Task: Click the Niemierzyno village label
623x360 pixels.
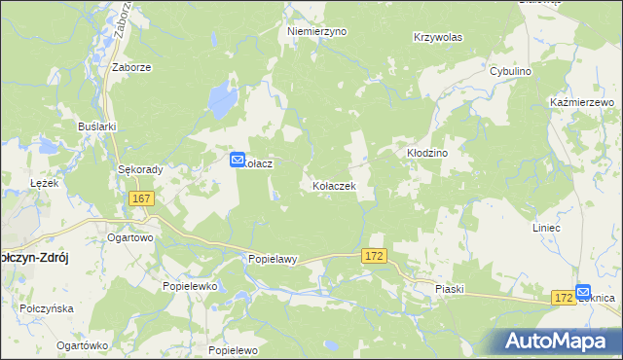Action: pos(316,31)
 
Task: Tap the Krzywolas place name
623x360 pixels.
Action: pos(437,37)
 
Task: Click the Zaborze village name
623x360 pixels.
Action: pos(130,68)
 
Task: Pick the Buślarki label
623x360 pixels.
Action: pos(97,126)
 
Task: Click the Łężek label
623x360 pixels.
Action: pos(45,183)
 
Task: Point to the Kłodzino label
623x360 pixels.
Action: pos(425,154)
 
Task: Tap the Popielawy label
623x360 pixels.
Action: pos(272,260)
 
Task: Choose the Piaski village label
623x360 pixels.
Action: pos(451,289)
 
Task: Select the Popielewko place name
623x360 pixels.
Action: pos(189,287)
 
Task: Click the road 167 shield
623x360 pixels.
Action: pos(141,198)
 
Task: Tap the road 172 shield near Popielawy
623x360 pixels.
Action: pos(375,255)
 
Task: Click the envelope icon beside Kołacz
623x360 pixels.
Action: pos(237,160)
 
